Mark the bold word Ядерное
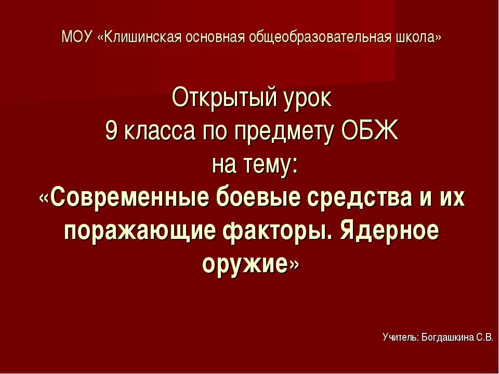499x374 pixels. [390, 231]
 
